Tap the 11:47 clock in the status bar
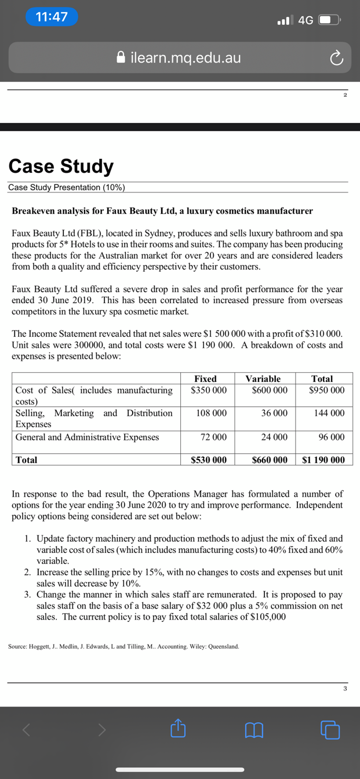click(52, 17)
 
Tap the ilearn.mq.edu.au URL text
click(186, 57)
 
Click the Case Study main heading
click(61, 166)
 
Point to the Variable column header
click(263, 378)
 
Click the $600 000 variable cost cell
click(270, 390)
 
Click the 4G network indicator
click(306, 20)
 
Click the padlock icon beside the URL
click(121, 57)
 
